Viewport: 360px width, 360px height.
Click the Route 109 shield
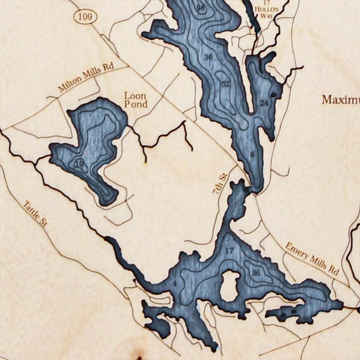(x=85, y=17)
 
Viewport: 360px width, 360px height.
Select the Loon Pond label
(x=135, y=99)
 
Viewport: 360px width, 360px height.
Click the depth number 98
(x=201, y=8)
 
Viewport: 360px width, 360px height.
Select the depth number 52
(x=226, y=84)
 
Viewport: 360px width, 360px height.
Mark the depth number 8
(x=252, y=155)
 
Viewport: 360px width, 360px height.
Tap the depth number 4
(x=174, y=284)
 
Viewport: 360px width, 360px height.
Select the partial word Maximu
(x=340, y=100)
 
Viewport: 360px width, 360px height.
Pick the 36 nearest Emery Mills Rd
(x=256, y=273)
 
